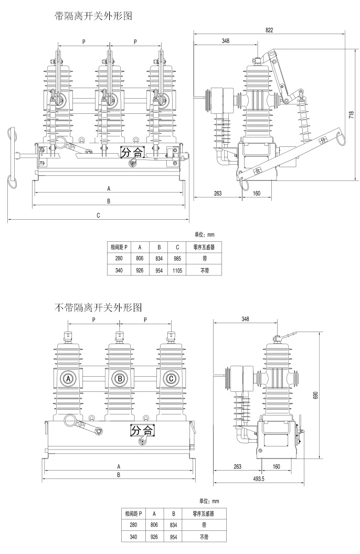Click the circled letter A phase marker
click(68, 378)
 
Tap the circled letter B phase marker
click(120, 378)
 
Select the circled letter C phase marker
click(171, 378)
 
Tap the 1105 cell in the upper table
click(177, 271)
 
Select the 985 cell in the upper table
click(177, 259)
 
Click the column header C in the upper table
click(177, 247)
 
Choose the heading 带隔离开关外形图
click(93, 16)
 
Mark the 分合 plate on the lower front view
click(142, 430)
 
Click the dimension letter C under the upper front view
click(98, 215)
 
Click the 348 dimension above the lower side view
click(246, 318)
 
